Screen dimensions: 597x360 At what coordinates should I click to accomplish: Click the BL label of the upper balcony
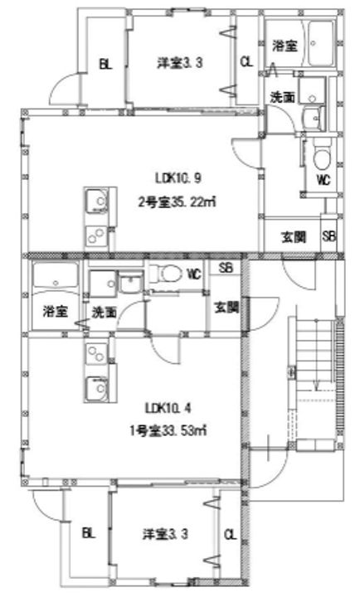[105, 65]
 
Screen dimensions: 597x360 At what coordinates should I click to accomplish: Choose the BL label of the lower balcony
[88, 534]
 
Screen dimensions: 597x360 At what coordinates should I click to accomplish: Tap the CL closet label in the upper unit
[246, 61]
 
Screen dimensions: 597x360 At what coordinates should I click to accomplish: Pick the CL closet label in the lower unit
[231, 535]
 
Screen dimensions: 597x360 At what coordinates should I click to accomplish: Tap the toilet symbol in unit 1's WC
[170, 274]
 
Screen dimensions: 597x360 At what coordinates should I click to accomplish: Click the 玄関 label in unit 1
[226, 308]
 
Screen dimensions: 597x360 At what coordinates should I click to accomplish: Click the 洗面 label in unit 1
[105, 313]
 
